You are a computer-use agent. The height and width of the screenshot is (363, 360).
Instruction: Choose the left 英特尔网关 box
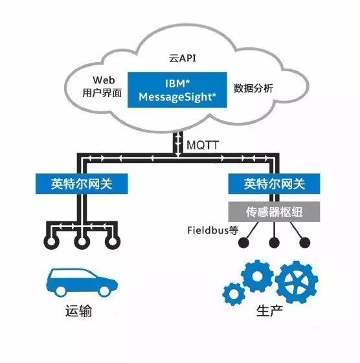79,183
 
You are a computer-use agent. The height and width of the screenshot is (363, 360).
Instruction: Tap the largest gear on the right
296,283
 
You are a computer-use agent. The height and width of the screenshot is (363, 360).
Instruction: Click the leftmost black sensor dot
245,244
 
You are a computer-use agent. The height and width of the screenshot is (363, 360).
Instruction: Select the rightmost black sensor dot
304,244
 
